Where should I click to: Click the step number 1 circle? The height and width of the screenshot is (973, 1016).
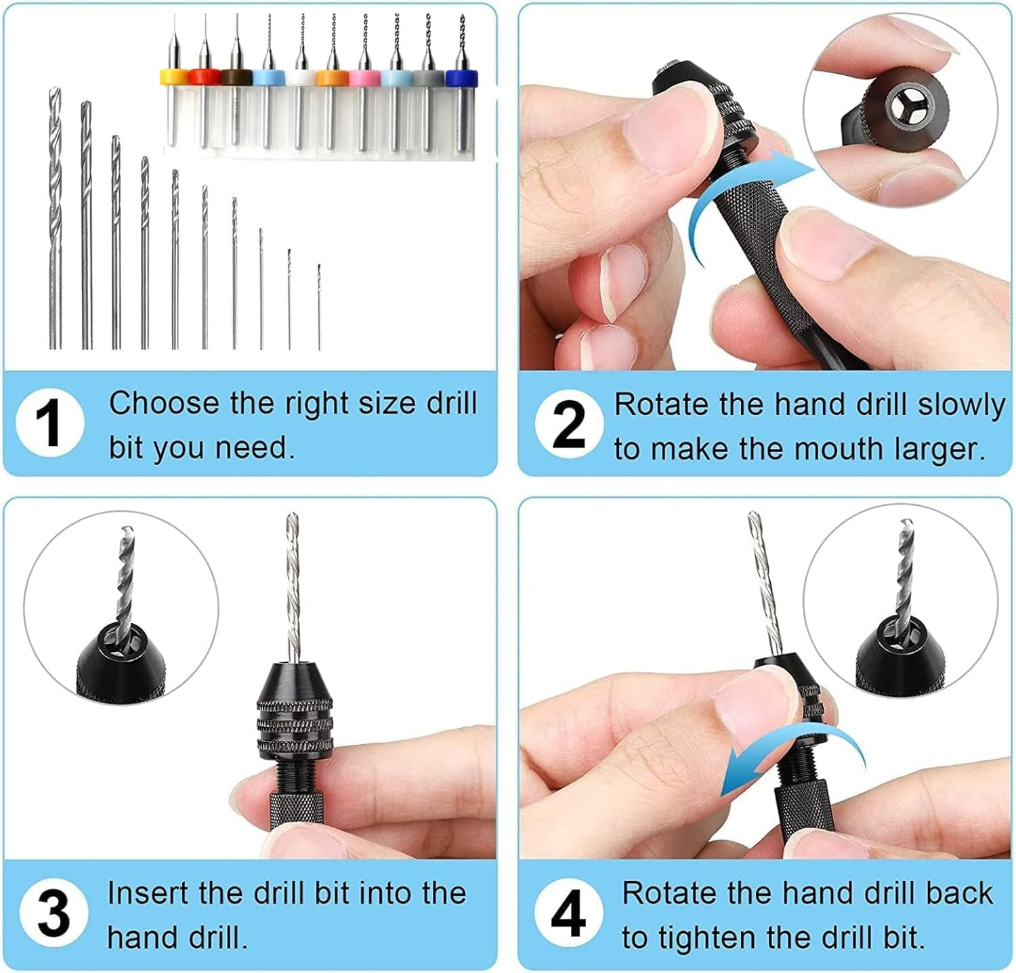pos(50,423)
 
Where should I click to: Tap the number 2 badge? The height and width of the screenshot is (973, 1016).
pos(569,425)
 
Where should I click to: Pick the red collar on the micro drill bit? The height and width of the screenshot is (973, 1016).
pos(203,77)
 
